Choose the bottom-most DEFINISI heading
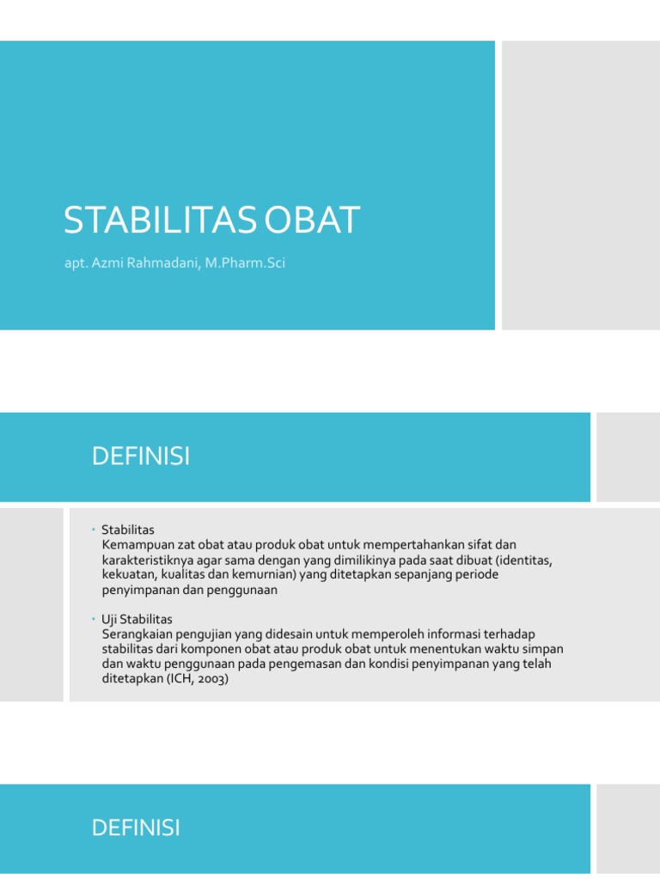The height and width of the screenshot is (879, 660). pyautogui.click(x=136, y=828)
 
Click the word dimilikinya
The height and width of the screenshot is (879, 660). pyautogui.click(x=366, y=561)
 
